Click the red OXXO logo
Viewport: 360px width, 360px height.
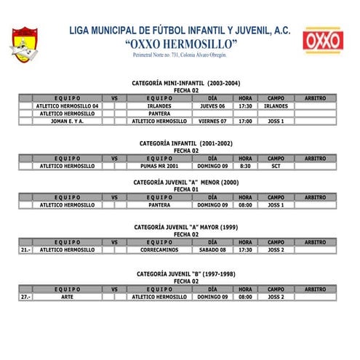323,41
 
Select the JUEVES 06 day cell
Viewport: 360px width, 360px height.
212,105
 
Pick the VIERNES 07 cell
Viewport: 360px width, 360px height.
212,121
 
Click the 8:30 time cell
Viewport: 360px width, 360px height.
245,166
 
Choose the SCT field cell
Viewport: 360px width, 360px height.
276,166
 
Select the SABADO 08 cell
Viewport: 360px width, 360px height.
212,249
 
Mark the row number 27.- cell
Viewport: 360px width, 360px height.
25,297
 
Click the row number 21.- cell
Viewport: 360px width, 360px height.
25,249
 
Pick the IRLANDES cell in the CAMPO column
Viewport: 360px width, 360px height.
276,105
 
